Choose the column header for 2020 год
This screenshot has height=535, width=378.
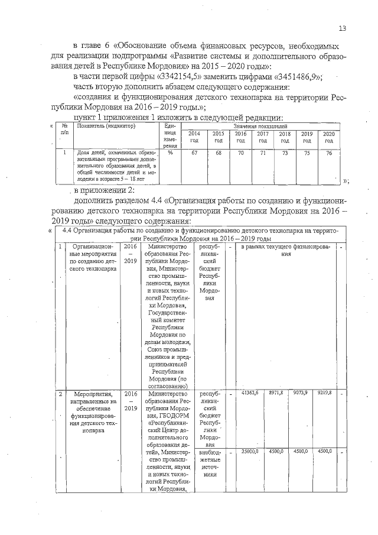330,137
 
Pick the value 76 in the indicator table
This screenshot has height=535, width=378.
330,153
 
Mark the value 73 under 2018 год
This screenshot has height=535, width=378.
285,153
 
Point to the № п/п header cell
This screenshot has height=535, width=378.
65,130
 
